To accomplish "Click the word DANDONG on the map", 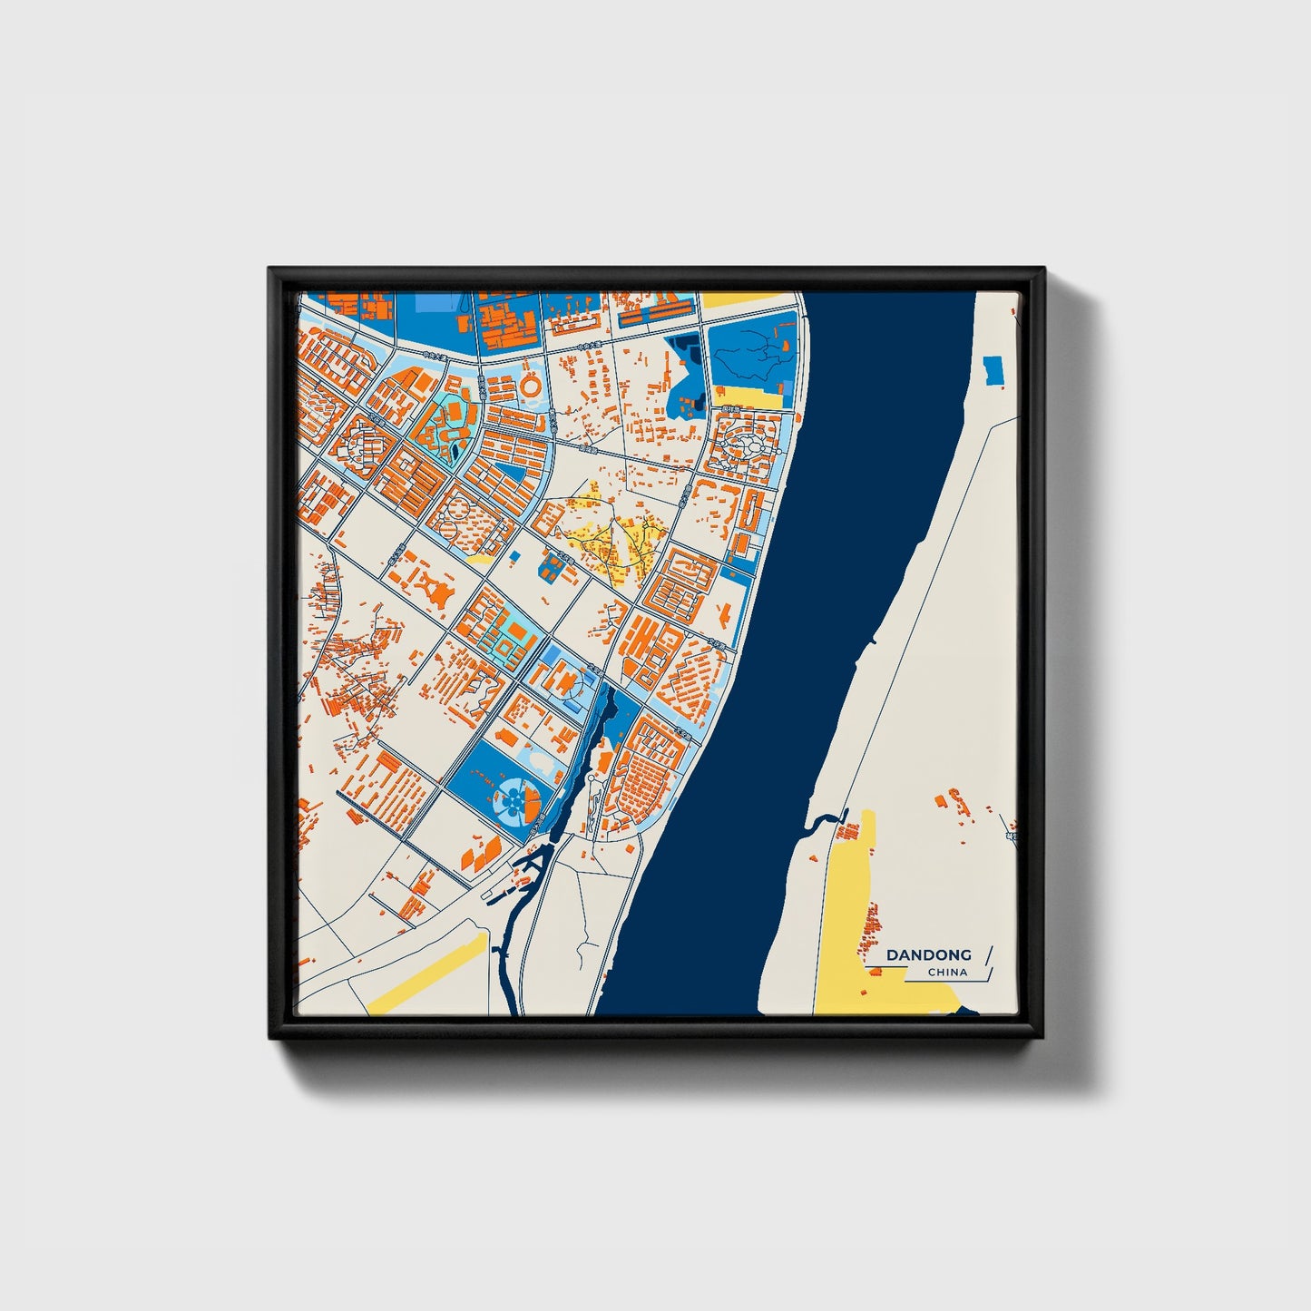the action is [928, 954].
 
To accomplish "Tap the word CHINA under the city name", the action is [947, 973].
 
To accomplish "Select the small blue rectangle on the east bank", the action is [993, 369].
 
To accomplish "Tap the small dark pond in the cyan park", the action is [453, 447].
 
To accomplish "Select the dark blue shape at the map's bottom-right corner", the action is [967, 1010].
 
